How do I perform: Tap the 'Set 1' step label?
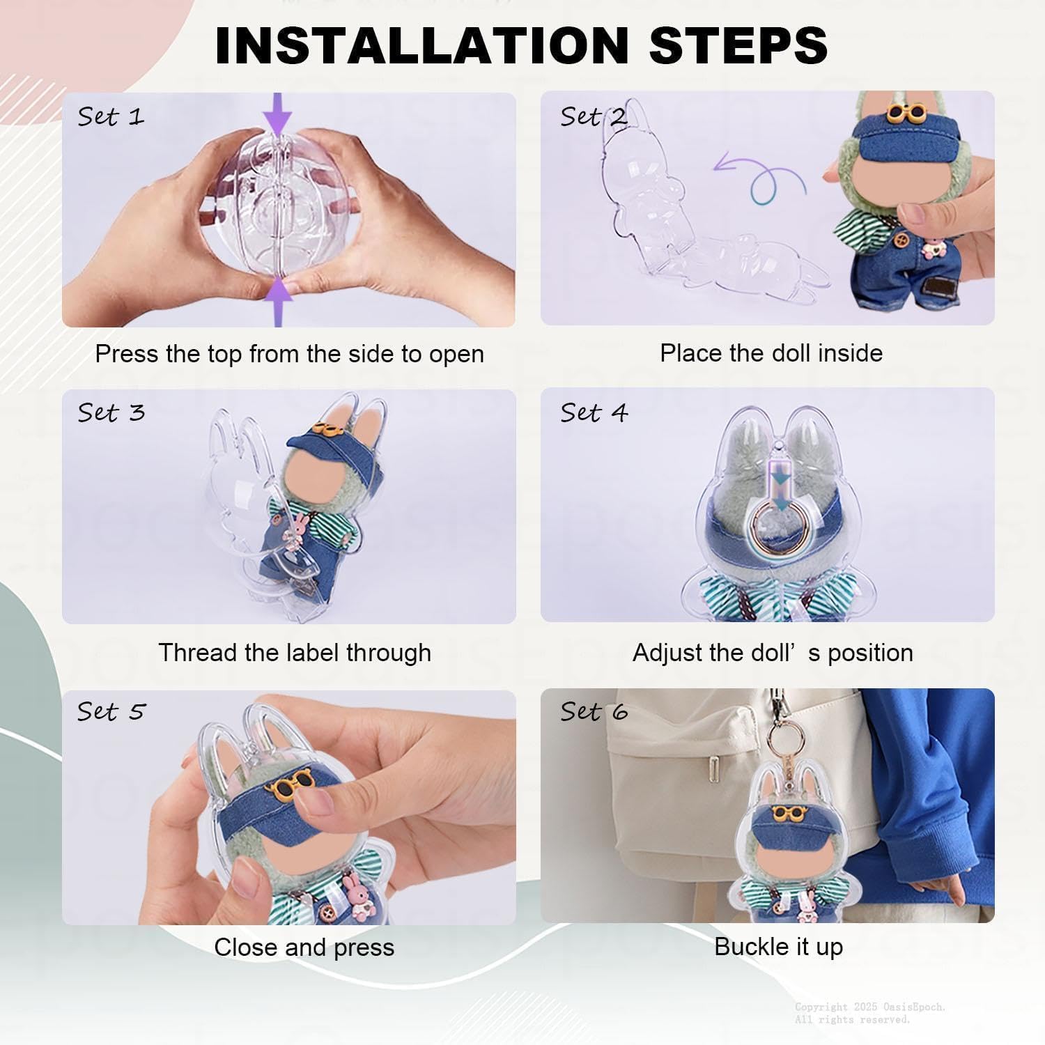point(111,116)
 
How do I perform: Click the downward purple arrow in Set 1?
point(278,115)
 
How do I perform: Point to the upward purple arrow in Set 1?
point(278,301)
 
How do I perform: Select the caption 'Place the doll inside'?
point(771,353)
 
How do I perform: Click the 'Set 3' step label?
point(111,412)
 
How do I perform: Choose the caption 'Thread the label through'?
point(295,653)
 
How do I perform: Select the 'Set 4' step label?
point(594,413)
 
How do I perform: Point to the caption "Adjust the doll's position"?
point(773,653)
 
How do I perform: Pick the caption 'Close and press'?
point(304,947)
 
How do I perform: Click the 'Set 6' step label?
point(594,711)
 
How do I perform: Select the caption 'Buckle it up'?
point(779,947)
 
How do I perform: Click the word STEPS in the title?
point(738,45)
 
